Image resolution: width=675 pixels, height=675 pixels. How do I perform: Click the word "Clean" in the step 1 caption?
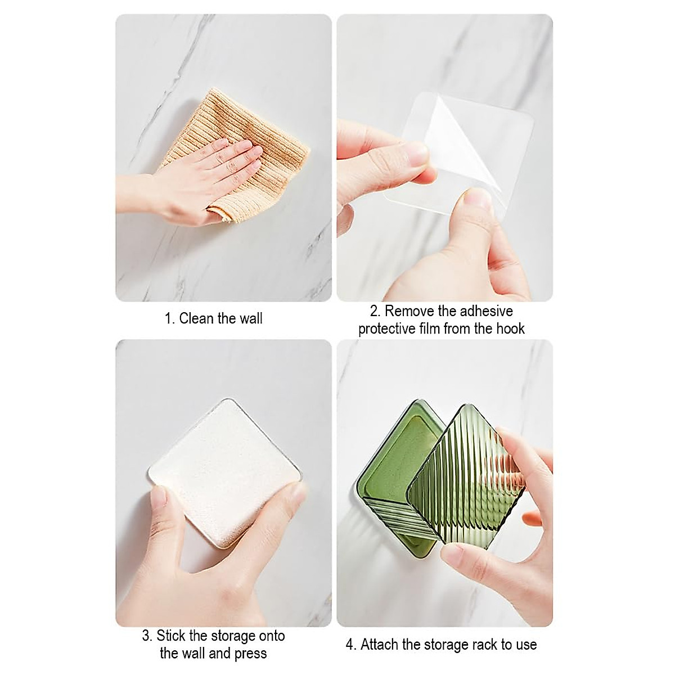(197, 319)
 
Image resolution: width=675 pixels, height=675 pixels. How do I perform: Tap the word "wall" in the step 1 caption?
(250, 319)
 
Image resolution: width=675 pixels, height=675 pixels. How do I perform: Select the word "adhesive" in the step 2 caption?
(485, 311)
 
